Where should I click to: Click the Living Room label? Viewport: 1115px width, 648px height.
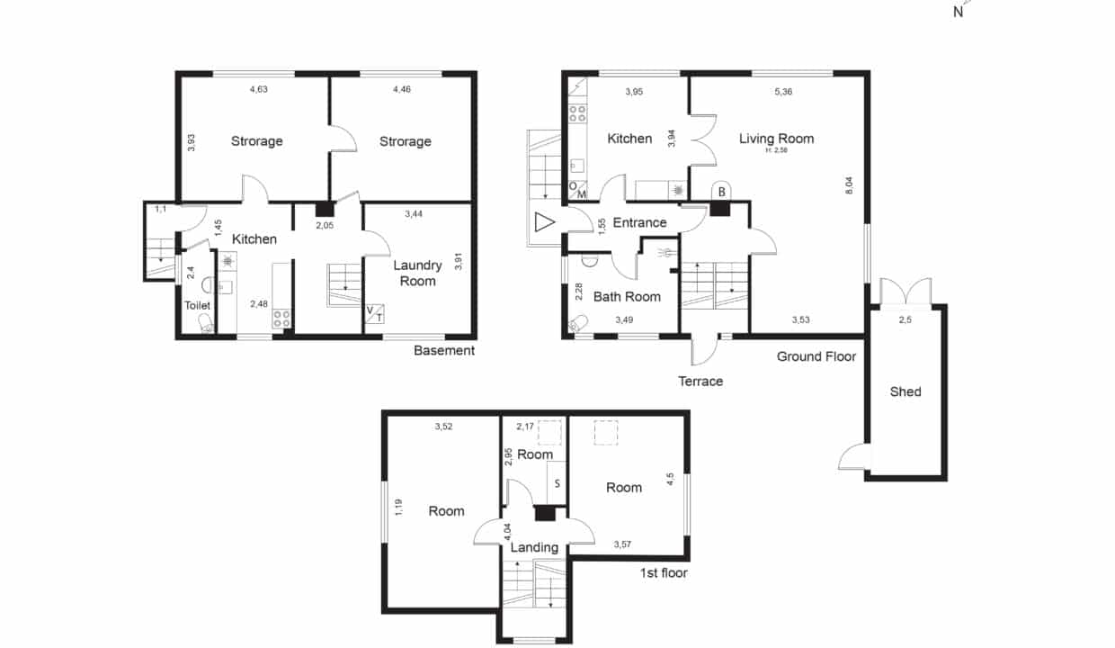[776, 139]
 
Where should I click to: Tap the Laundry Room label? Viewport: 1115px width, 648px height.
[417, 273]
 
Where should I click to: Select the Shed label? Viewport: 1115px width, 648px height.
[905, 391]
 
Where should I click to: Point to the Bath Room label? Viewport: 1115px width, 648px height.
[627, 297]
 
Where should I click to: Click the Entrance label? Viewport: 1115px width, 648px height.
[639, 222]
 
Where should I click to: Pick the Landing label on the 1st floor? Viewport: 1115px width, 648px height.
[534, 548]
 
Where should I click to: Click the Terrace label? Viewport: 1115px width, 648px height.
[700, 382]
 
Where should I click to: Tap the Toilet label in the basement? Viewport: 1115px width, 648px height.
[197, 305]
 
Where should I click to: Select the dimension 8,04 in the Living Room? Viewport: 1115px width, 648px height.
[849, 185]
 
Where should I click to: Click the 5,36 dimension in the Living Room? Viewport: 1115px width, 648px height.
[783, 92]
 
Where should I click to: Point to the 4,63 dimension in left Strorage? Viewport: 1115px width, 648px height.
[258, 89]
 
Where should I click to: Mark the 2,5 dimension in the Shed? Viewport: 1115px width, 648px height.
[905, 319]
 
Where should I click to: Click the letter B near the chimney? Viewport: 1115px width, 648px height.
[721, 192]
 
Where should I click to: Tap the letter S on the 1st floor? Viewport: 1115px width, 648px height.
[557, 483]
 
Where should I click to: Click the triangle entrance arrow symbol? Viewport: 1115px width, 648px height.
[544, 222]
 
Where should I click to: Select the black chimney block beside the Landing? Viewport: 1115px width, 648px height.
[545, 514]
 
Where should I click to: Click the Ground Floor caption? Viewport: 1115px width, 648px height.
[816, 356]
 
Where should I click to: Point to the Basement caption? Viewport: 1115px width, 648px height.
[444, 351]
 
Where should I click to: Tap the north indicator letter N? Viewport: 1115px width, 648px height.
[959, 13]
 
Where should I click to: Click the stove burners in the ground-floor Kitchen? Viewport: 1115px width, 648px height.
[577, 113]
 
